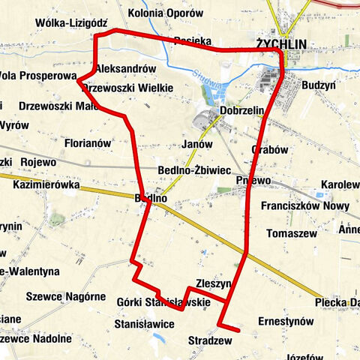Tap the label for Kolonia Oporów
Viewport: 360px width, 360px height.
(x=165, y=13)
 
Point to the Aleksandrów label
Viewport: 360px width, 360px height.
(x=125, y=68)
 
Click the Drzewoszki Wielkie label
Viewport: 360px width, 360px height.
(x=127, y=88)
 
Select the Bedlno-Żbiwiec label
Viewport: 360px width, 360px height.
(x=194, y=170)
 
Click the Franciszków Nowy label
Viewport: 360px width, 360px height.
(x=305, y=205)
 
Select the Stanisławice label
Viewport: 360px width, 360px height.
(x=145, y=323)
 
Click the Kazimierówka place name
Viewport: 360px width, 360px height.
(x=46, y=184)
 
